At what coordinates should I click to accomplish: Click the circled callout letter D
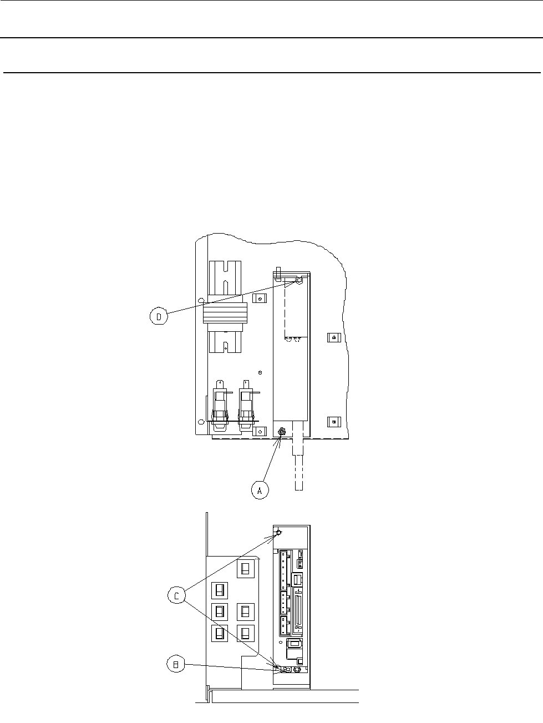pos(159,317)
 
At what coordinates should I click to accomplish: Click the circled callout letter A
pos(259,491)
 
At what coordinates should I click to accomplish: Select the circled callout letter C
pos(176,596)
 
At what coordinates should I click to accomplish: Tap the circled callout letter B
pos(176,664)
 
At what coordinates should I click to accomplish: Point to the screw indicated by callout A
pos(281,431)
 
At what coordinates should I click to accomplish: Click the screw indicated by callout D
pos(298,282)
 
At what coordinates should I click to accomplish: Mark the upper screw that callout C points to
pos(279,533)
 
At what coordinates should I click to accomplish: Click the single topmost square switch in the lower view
pos(245,569)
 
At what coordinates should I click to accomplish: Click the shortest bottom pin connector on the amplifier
pos(285,626)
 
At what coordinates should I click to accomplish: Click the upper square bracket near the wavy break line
pos(332,337)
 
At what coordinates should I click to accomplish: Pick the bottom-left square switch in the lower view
pos(220,633)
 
